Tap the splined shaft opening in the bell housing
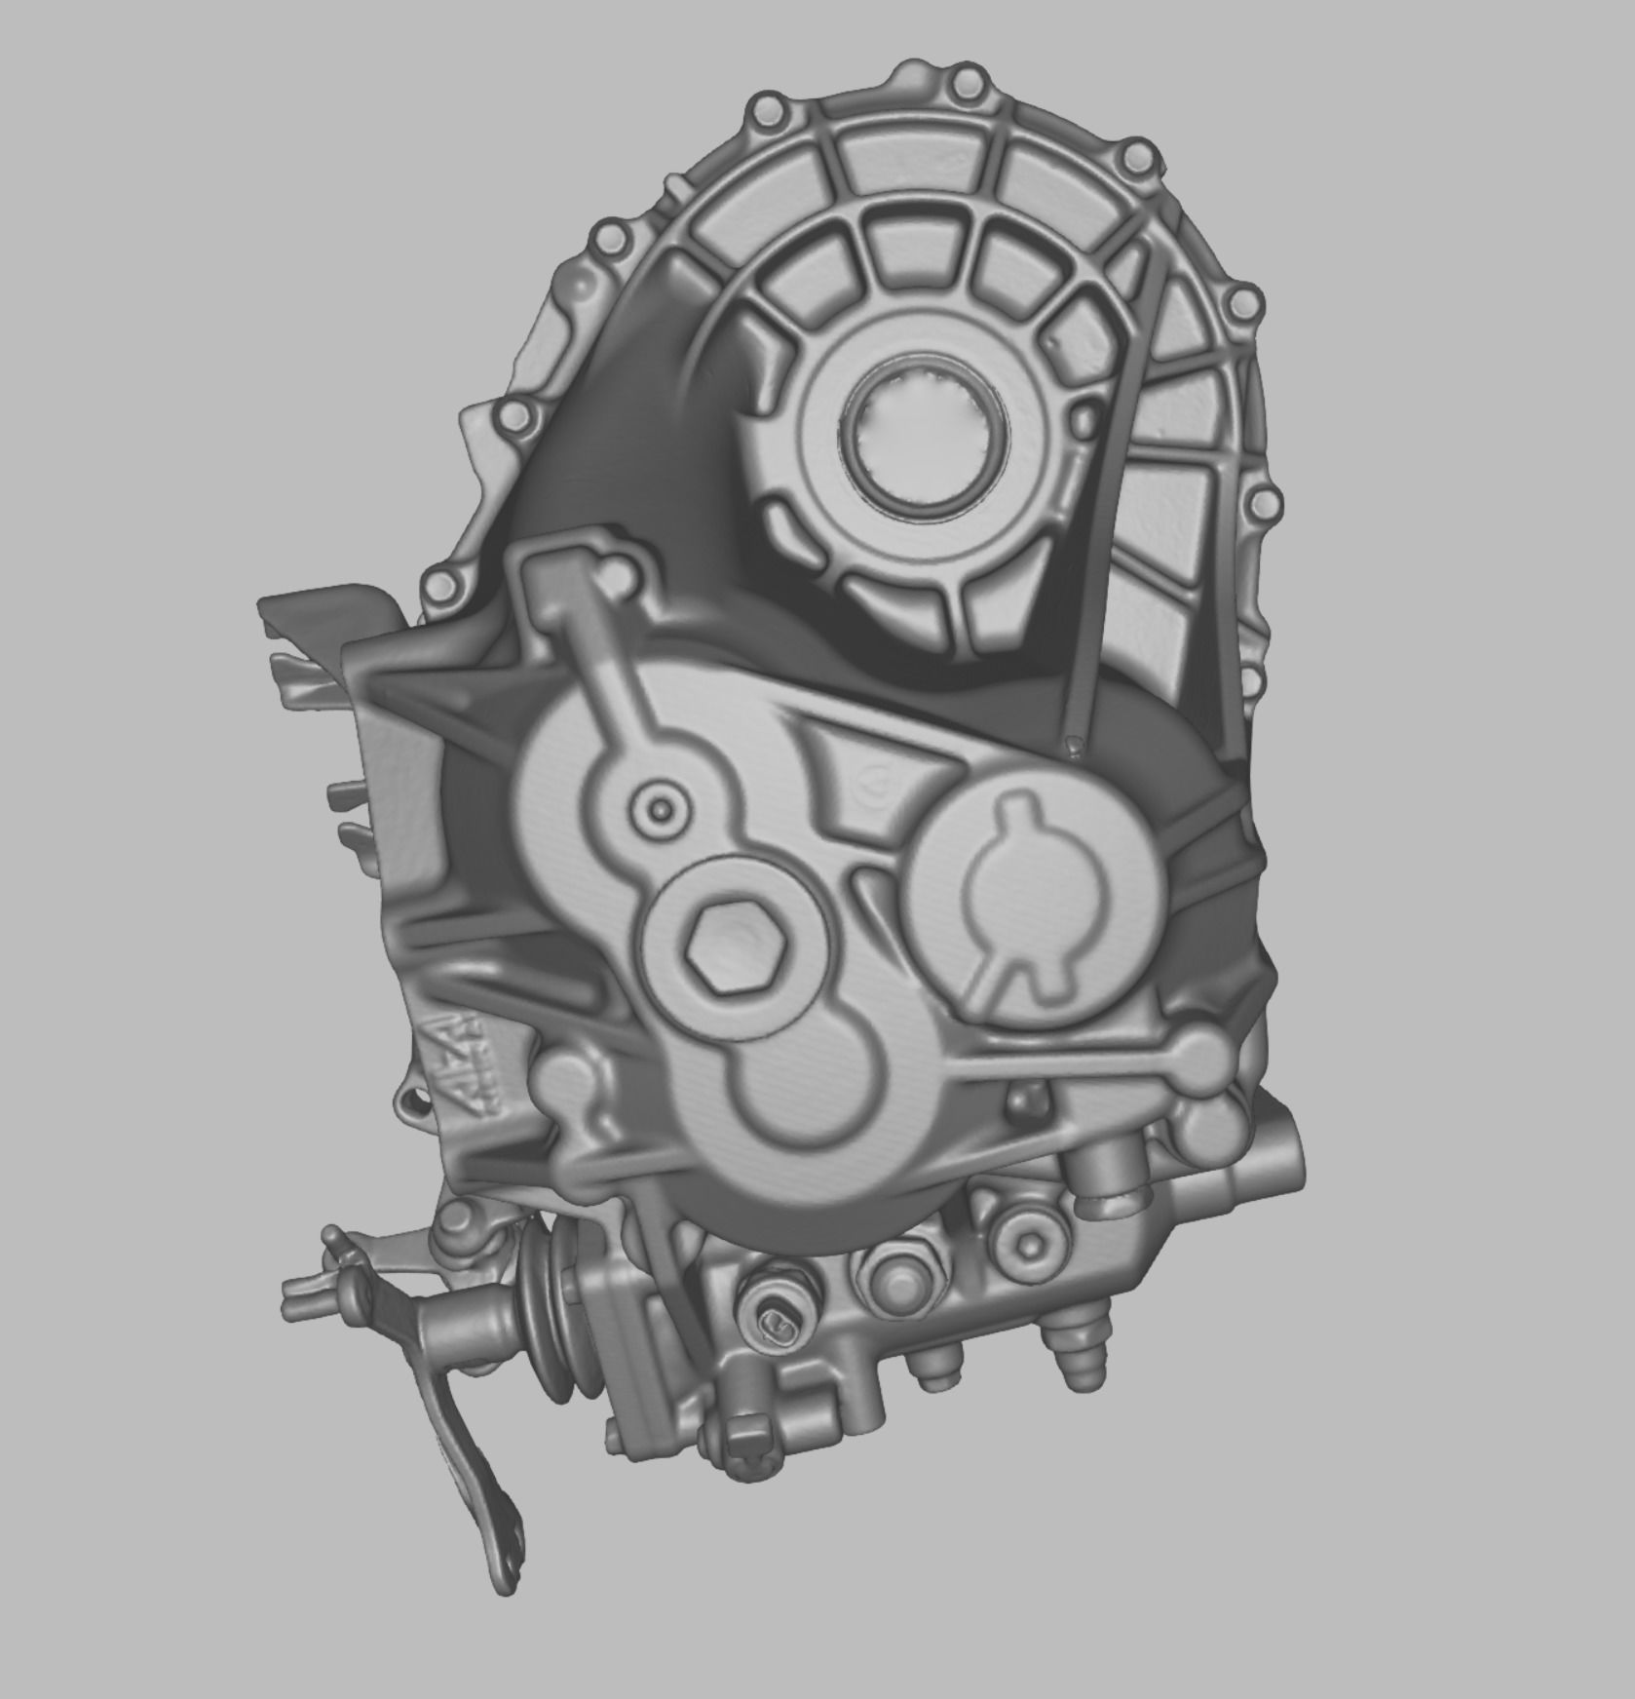pos(920,440)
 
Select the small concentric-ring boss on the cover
pos(665,807)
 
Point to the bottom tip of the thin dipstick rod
pos(1074,745)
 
